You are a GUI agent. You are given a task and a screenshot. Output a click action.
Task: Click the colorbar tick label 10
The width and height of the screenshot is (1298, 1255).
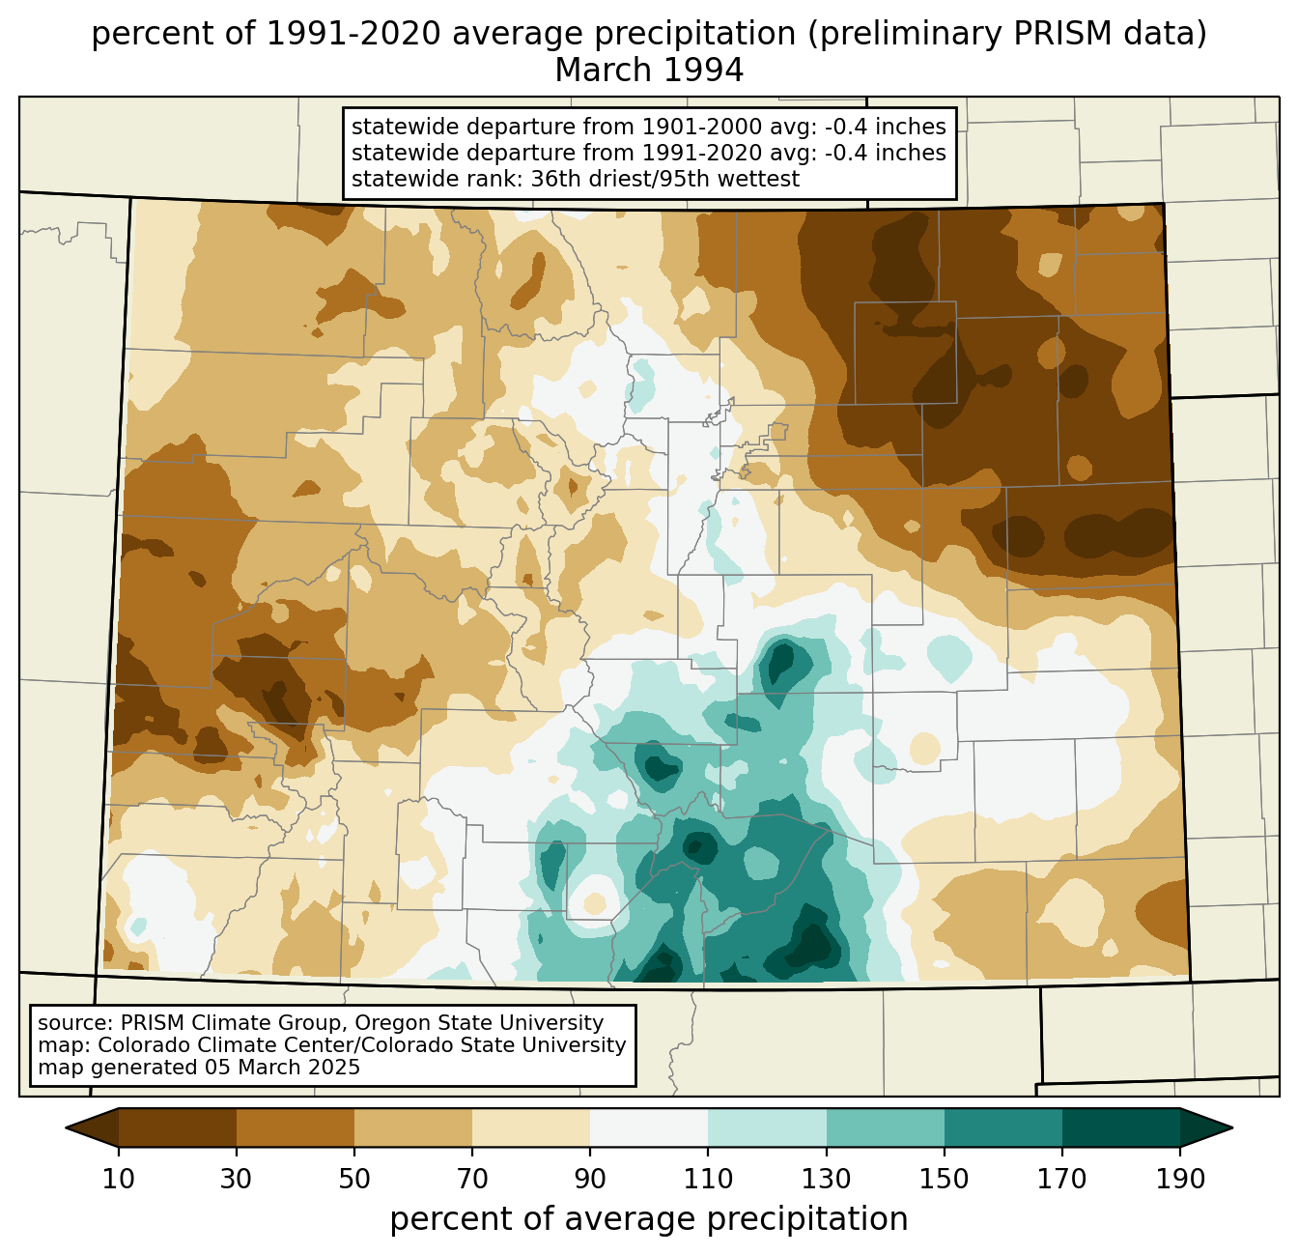(x=119, y=1179)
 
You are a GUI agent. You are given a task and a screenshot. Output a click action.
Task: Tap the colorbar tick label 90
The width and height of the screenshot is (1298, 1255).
(x=590, y=1179)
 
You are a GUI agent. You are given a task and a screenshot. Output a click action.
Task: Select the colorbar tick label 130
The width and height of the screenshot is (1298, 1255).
(x=826, y=1179)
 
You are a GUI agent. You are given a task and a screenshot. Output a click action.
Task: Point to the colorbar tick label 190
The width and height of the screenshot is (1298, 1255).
(x=1180, y=1179)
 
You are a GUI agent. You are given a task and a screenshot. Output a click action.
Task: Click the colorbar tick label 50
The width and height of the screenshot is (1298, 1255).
(x=354, y=1179)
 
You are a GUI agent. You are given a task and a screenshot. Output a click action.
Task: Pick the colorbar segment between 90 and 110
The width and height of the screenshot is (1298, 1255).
(x=649, y=1127)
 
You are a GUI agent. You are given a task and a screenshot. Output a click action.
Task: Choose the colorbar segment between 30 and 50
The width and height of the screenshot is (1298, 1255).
(x=295, y=1127)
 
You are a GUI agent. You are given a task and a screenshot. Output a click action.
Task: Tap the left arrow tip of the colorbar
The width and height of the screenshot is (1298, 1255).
(x=66, y=1127)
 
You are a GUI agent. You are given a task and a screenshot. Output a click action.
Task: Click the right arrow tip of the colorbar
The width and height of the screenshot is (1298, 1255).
(x=1232, y=1127)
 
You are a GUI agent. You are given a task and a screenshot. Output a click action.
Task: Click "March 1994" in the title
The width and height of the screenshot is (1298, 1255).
(x=649, y=71)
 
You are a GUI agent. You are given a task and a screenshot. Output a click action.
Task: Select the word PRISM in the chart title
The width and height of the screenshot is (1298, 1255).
(x=1045, y=34)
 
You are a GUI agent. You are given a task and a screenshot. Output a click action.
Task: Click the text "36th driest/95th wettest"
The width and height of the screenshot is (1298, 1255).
(x=664, y=179)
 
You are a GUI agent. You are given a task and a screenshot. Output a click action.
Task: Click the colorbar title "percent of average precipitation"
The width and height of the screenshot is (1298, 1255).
(x=649, y=1219)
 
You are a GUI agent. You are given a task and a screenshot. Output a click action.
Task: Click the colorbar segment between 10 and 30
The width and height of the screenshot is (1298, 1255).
(x=178, y=1127)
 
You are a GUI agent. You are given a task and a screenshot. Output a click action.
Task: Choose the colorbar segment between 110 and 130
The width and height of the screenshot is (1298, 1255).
(x=767, y=1127)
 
